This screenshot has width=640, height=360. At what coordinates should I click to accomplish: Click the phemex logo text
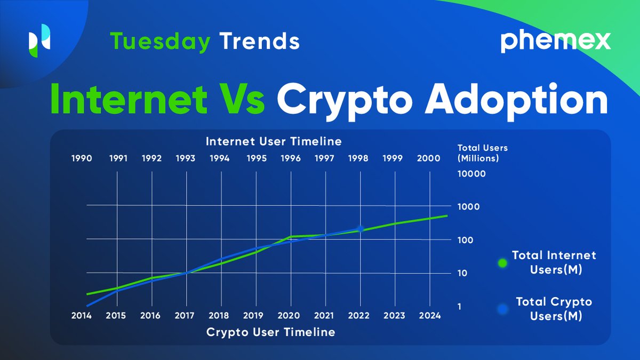pos(555,42)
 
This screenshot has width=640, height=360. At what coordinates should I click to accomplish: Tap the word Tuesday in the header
pos(160,42)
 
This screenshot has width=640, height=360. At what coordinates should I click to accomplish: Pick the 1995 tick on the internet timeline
pos(257,158)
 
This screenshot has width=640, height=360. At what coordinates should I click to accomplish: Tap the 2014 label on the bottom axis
pos(81,315)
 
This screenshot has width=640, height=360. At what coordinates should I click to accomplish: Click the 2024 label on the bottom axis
pos(429,315)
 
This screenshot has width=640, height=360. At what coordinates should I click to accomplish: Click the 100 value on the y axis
pos(465,240)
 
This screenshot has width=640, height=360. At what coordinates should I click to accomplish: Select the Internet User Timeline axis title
pos(274,142)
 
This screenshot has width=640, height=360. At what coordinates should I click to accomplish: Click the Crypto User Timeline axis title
pos(271,332)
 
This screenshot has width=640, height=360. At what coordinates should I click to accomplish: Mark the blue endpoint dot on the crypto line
pos(361,229)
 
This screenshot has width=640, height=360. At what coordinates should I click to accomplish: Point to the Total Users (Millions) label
pos(478,153)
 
